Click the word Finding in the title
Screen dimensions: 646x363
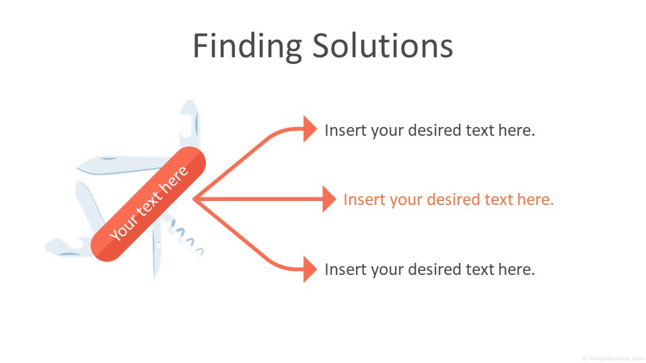click(x=247, y=47)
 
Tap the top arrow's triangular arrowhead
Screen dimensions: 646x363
click(x=310, y=129)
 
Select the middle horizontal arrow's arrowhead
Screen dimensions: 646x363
click(x=329, y=199)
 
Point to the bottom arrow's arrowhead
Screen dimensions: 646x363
click(x=310, y=269)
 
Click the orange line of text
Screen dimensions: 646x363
click(x=448, y=200)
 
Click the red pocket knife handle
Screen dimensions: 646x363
click(x=148, y=204)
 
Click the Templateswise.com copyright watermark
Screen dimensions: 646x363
click(x=614, y=358)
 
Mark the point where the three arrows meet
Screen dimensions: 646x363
click(x=194, y=199)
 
